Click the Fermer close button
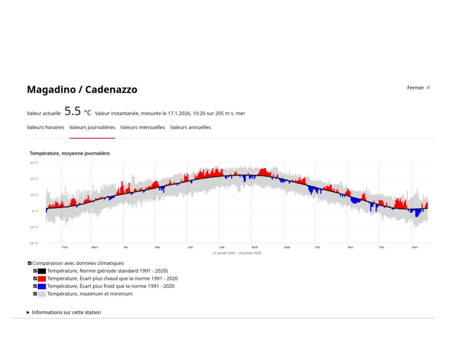419,88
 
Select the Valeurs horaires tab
45,127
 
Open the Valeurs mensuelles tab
142,127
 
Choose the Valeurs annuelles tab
190,127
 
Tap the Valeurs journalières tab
92,127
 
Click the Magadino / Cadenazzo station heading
82,90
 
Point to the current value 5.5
73,111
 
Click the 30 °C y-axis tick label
34,163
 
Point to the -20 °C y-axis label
34,243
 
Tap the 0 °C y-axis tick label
35,211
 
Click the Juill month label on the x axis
221,247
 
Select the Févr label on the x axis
65,247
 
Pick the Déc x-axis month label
382,247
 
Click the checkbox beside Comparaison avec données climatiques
29,263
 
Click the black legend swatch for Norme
42,271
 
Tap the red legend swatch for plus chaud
42,279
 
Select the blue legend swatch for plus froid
42,286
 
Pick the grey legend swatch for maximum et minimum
42,294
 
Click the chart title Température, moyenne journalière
69,153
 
